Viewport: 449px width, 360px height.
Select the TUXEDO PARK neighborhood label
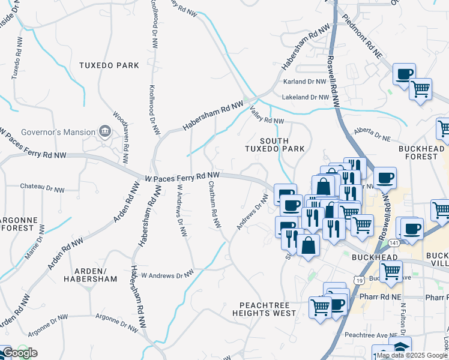click(x=109, y=65)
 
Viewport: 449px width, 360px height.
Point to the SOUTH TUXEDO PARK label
click(x=274, y=144)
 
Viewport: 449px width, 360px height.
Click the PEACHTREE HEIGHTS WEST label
click(x=267, y=309)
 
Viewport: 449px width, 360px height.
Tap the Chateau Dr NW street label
click(x=42, y=190)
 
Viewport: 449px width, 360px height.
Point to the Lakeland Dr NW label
click(x=306, y=97)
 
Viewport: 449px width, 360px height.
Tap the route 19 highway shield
click(x=358, y=280)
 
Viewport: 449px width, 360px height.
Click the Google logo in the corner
click(x=19, y=353)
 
